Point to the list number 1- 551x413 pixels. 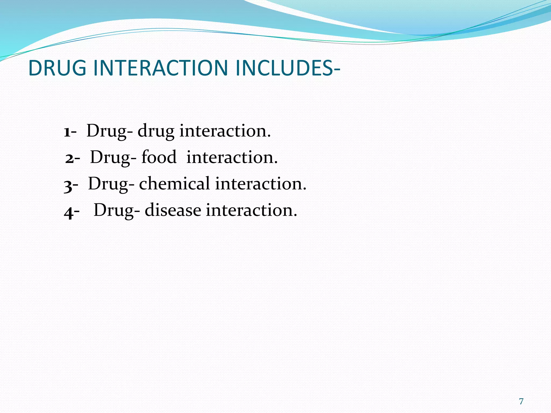[x=70, y=132]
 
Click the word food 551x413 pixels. [x=159, y=157]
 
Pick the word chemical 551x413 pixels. [x=174, y=184]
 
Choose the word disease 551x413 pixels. [x=173, y=210]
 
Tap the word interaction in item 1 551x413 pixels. [x=225, y=131]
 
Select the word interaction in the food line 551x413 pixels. [x=232, y=157]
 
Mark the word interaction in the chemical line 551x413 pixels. [x=260, y=184]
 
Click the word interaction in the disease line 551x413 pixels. [x=252, y=210]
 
